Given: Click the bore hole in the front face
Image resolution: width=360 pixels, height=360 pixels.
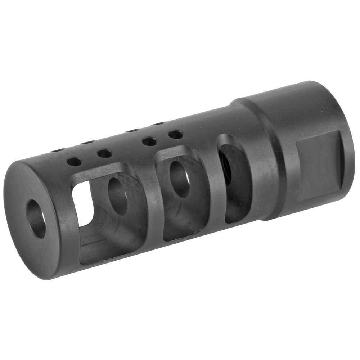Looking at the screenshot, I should tap(36, 219).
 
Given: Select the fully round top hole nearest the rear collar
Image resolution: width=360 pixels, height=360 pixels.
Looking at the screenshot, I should tap(175, 135).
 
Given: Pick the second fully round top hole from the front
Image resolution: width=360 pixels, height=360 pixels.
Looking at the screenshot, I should tap(104, 154).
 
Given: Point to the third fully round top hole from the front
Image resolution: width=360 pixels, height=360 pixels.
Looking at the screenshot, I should tap(149, 141).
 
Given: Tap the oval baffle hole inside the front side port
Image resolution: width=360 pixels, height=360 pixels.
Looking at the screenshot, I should tap(118, 196).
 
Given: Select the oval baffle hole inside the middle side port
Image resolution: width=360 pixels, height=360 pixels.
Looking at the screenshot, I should tap(180, 179).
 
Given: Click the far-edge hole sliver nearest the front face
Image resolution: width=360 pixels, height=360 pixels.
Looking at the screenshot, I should tap(58, 150).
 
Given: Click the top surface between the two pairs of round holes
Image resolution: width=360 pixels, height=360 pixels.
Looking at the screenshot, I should tap(126, 148).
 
